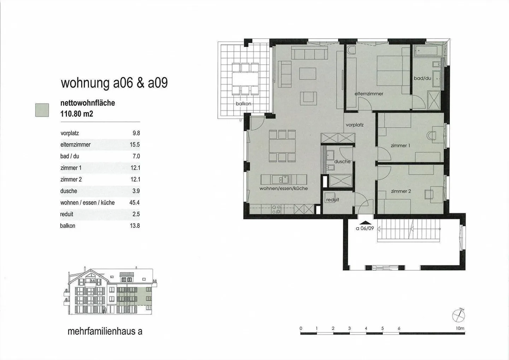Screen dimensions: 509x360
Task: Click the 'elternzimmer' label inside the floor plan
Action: (369, 94)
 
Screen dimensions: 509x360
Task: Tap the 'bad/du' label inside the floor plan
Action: (422, 78)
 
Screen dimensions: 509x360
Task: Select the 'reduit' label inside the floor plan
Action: (332, 200)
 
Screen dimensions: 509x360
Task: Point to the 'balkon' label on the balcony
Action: (243, 104)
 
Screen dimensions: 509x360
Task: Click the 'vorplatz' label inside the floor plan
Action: (355, 125)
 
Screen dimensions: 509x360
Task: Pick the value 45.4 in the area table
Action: (134, 202)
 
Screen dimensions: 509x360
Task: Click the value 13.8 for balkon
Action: (135, 226)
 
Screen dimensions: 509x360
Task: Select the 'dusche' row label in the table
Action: (69, 191)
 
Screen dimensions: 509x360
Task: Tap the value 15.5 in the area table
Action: (135, 145)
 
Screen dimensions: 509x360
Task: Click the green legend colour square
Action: (42, 110)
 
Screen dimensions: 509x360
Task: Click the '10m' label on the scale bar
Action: (460, 328)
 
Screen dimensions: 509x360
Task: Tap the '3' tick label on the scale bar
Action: (350, 328)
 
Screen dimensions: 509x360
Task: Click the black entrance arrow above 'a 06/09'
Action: (364, 223)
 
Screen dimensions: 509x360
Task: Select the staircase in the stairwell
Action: (409, 231)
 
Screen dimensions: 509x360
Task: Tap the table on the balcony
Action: (245, 79)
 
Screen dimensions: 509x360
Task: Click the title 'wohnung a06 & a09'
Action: (114, 83)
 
